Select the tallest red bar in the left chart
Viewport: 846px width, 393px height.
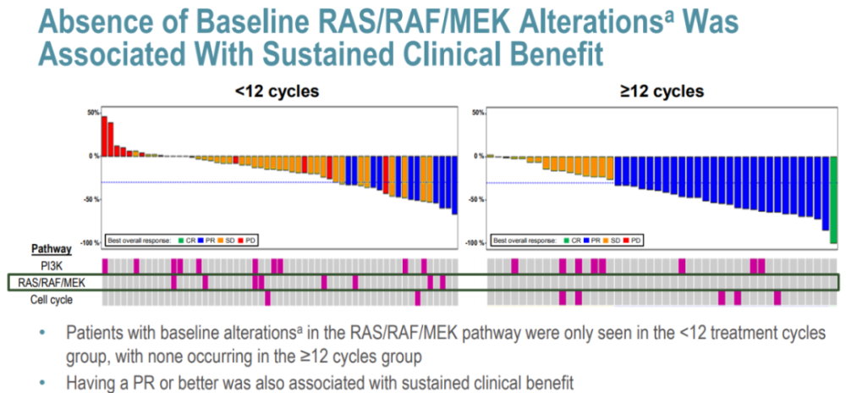pyautogui.click(x=104, y=136)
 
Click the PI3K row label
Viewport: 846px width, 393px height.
pyautogui.click(x=62, y=266)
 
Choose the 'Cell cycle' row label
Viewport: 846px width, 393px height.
pyautogui.click(x=52, y=299)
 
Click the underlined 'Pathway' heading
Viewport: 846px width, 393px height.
pyautogui.click(x=52, y=249)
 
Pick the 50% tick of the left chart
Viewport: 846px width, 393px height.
pyautogui.click(x=92, y=112)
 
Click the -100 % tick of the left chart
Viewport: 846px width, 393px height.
pyautogui.click(x=88, y=243)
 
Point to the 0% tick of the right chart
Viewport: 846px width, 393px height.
pyautogui.click(x=479, y=156)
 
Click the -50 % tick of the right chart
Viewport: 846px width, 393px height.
pyautogui.click(x=475, y=199)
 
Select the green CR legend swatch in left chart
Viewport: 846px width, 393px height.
pyautogui.click(x=179, y=241)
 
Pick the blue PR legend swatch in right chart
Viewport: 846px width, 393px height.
pyautogui.click(x=584, y=241)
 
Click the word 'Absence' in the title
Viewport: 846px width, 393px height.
pyautogui.click(x=81, y=19)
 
